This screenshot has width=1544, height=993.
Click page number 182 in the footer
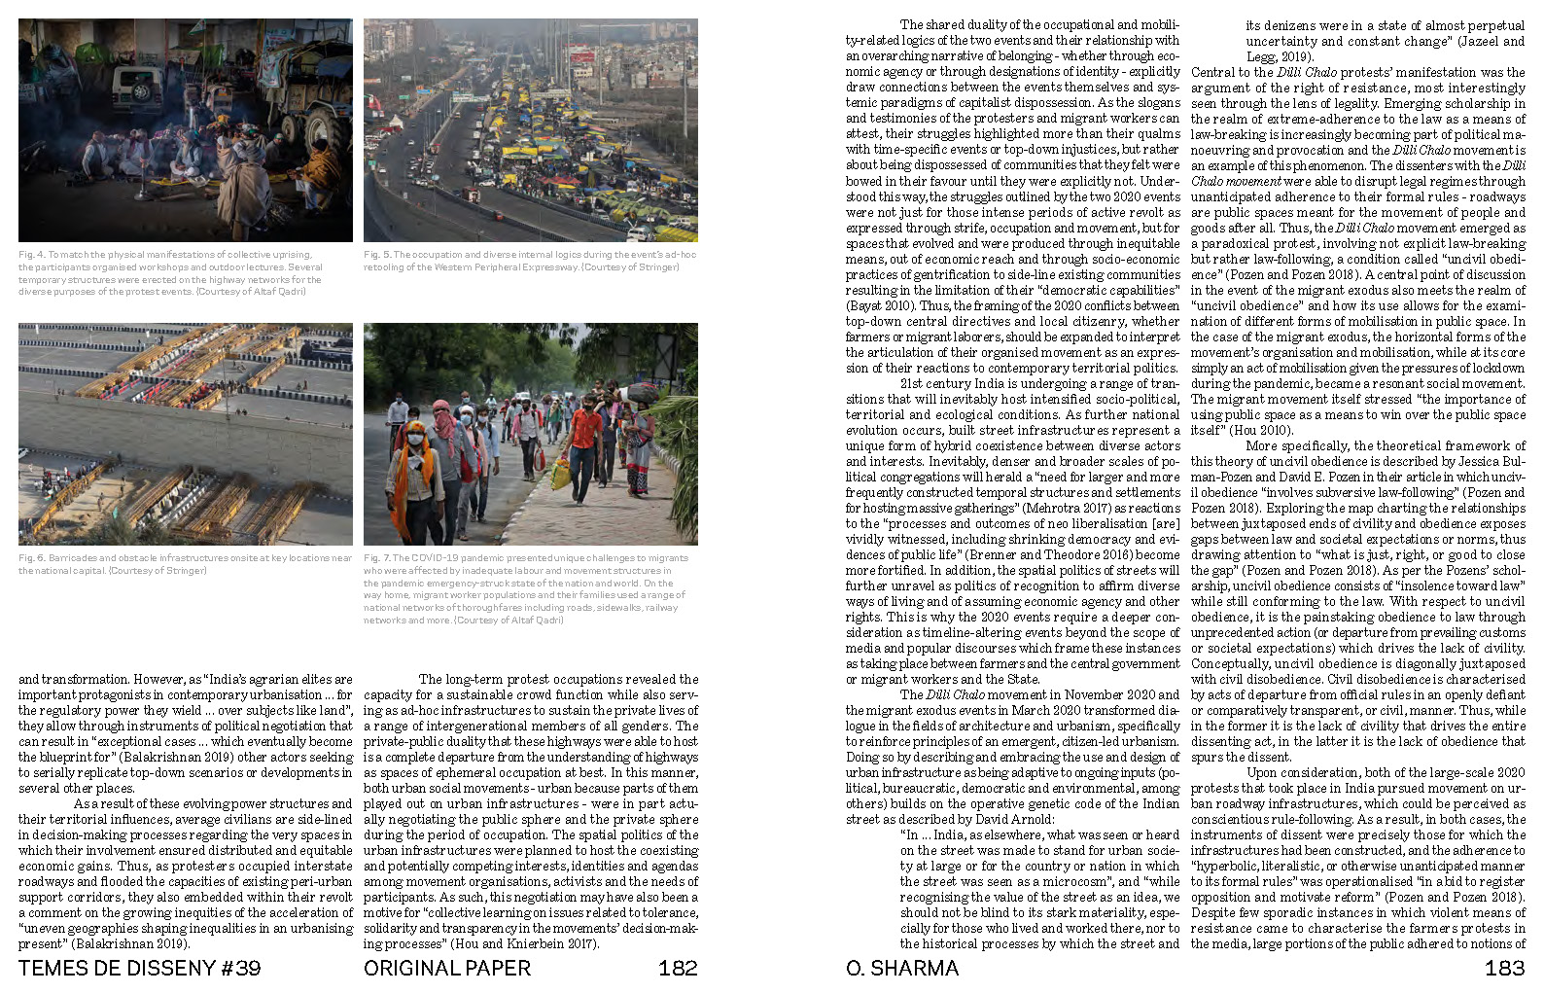(678, 968)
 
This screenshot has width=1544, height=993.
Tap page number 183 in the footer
(1504, 968)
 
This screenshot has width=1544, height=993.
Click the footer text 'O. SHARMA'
(901, 968)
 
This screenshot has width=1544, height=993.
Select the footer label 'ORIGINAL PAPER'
(447, 968)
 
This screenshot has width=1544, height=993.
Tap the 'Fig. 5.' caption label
(377, 255)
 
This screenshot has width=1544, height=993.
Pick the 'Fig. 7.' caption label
(377, 558)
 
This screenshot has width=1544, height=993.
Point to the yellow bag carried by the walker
(561, 474)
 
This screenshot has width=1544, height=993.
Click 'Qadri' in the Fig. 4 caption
(291, 292)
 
